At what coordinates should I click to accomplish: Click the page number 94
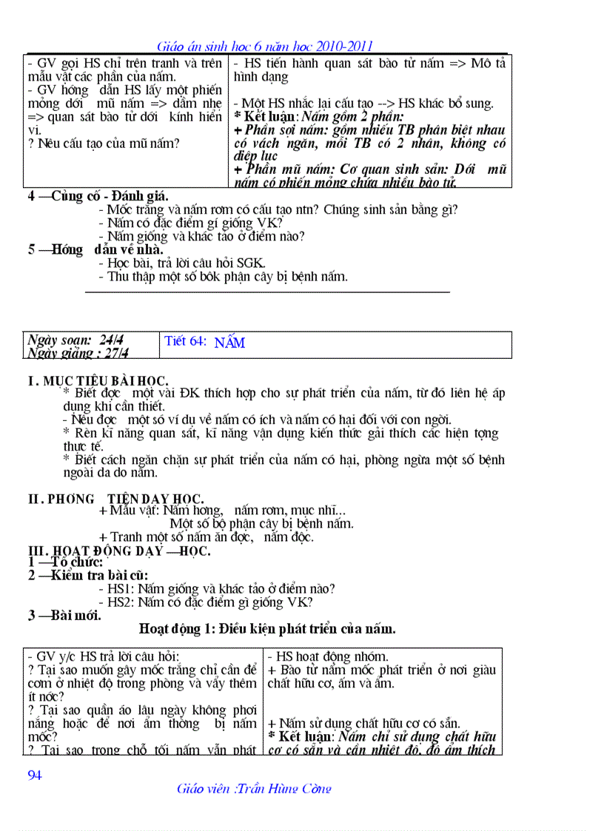34,775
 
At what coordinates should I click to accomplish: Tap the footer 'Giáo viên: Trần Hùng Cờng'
254,788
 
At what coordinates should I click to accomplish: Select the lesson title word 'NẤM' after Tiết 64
229,343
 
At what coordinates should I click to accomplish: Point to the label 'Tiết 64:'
186,341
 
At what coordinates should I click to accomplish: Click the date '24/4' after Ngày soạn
110,340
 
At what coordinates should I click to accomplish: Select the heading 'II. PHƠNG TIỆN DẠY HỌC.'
115,499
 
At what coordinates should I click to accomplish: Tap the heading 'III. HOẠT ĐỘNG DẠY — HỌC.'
118,551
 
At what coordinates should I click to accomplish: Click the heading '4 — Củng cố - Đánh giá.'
98,196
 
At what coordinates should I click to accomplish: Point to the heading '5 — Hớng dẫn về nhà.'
95,249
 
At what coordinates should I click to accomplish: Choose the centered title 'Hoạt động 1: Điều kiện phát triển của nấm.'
267,629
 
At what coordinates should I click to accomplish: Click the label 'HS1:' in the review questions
121,589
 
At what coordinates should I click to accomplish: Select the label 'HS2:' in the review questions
121,602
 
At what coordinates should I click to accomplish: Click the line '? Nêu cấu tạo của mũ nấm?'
104,144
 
